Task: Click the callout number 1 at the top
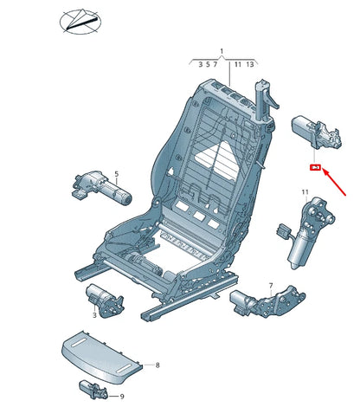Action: tap(222, 52)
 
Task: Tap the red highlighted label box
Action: tap(316, 167)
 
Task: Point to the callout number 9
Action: tap(122, 397)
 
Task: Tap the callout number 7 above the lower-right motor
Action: tap(270, 286)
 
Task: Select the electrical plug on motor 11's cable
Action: tap(284, 230)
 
